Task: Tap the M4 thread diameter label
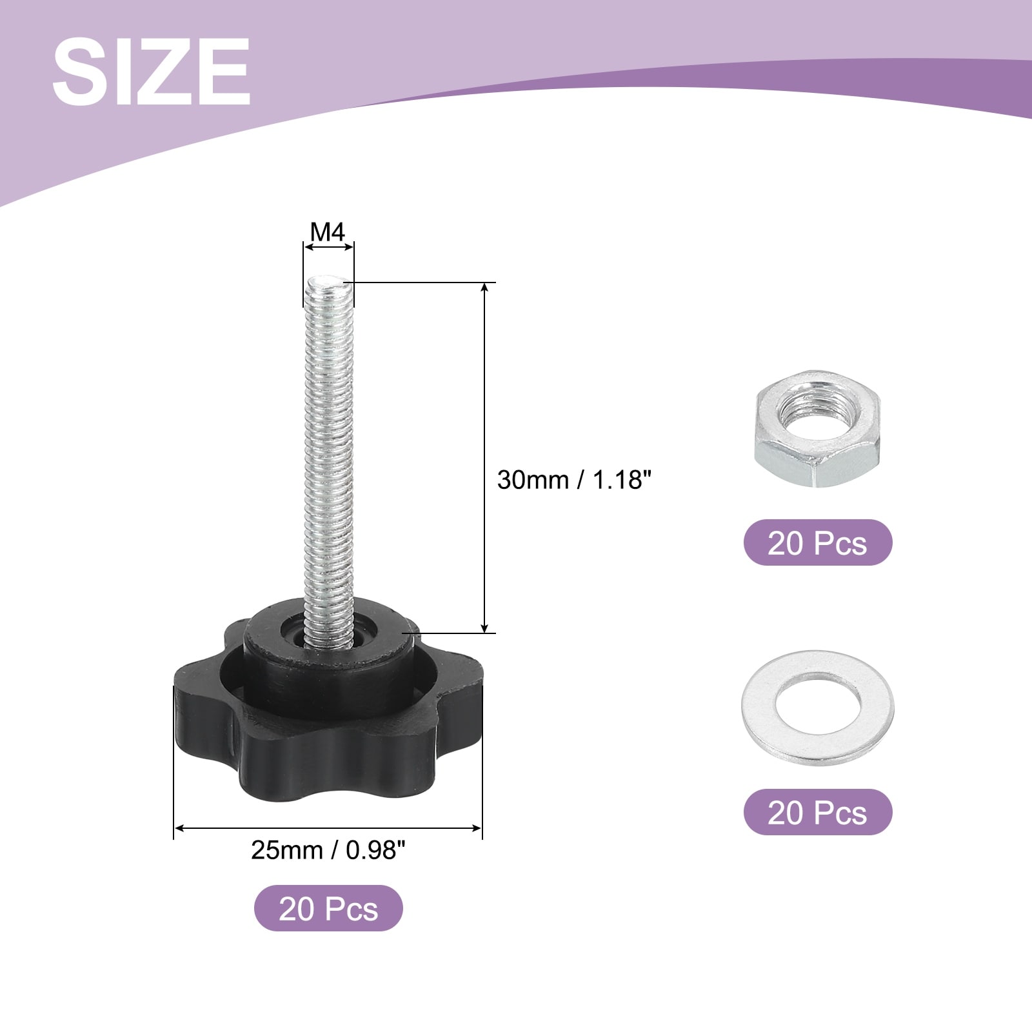[x=328, y=232]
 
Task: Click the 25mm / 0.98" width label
[x=328, y=850]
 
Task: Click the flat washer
[x=818, y=708]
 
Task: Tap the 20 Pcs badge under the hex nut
[x=818, y=543]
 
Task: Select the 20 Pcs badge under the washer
[x=818, y=812]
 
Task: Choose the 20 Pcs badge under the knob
[x=328, y=908]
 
